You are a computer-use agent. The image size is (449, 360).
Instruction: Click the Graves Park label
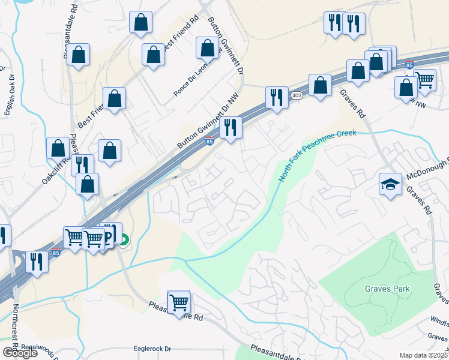pos(388,289)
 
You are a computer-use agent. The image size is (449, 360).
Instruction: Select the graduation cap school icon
pos(390,184)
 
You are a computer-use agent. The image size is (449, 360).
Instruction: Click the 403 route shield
pos(297,96)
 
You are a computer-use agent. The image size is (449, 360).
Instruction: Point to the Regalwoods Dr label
pos(43,347)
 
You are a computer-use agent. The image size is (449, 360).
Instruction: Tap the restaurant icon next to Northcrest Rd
pos(37,262)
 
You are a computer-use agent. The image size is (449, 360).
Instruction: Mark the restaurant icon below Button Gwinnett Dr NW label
pos(231,127)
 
